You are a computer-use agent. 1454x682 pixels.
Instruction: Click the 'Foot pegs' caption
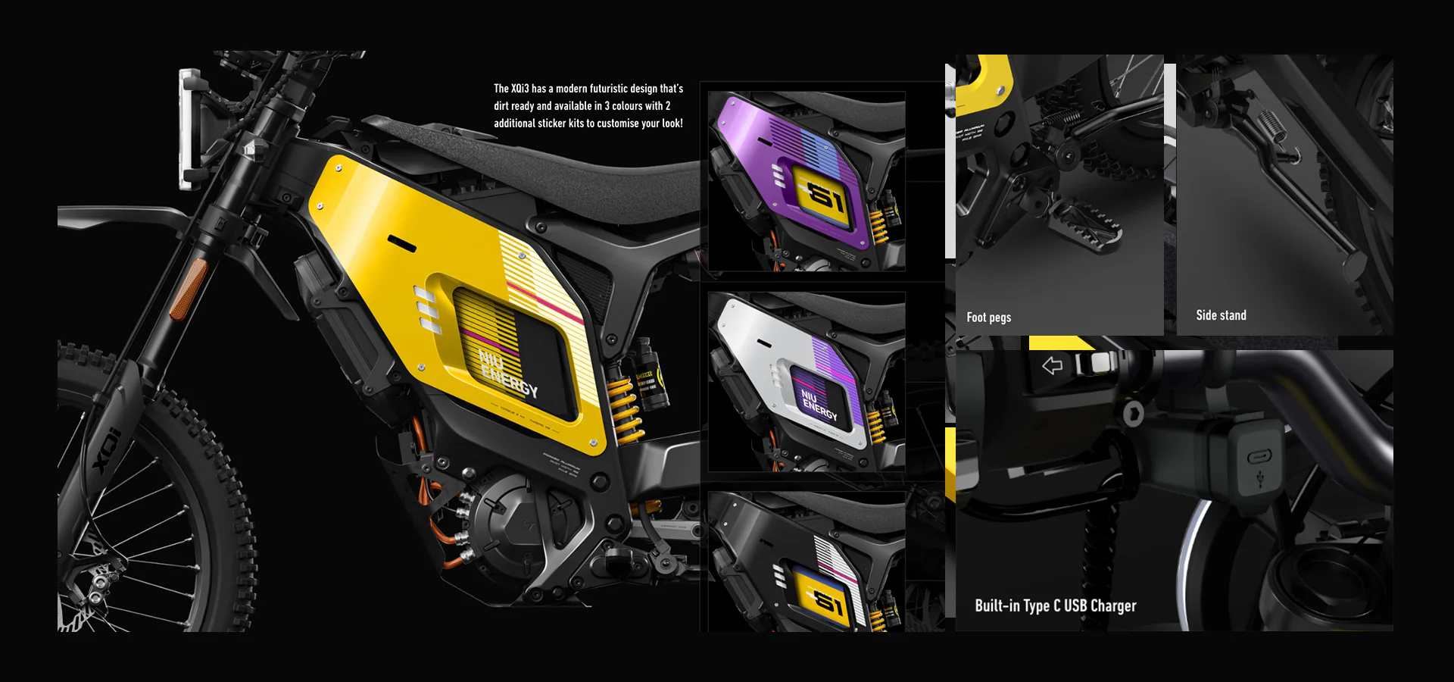tap(988, 318)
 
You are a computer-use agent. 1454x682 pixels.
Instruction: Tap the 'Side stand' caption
tap(1221, 315)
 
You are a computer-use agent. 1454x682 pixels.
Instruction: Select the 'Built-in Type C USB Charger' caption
tap(1055, 605)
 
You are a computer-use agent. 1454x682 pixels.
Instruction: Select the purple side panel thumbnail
tap(806, 181)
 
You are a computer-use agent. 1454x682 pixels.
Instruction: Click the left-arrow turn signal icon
tap(1052, 366)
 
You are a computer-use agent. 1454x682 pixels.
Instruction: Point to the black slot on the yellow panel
tap(401, 244)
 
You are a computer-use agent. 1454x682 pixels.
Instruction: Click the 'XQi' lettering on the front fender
tap(107, 450)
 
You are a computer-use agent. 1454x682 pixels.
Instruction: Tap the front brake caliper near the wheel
tap(98, 583)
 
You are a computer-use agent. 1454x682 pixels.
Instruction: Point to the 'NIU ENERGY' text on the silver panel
tap(819, 405)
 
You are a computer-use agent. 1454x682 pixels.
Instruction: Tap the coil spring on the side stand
tap(1271, 125)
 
